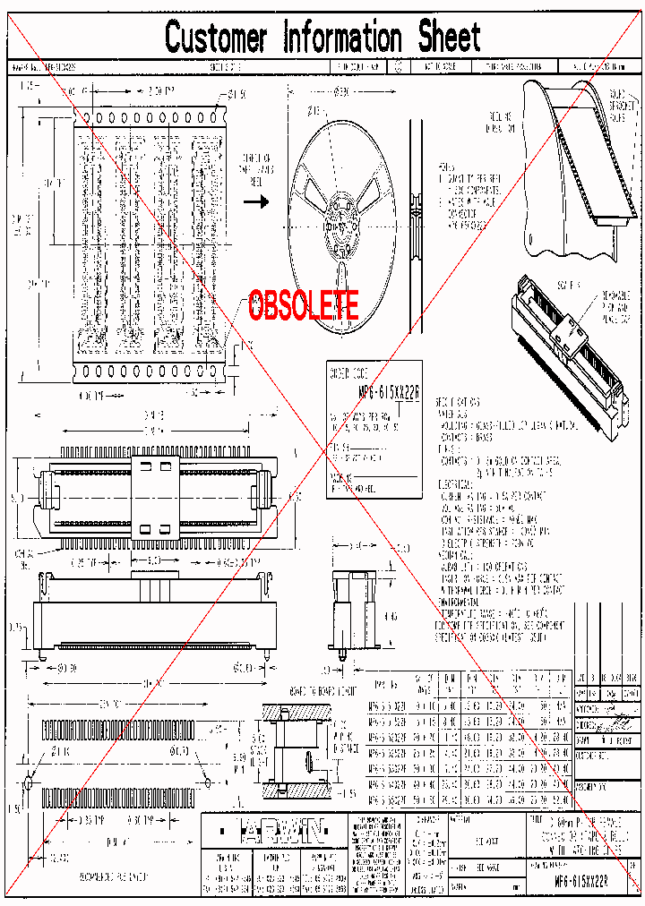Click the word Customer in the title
tap(216, 38)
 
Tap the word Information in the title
tap(342, 38)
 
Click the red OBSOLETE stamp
tap(304, 306)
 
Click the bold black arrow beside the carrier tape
tap(257, 201)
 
